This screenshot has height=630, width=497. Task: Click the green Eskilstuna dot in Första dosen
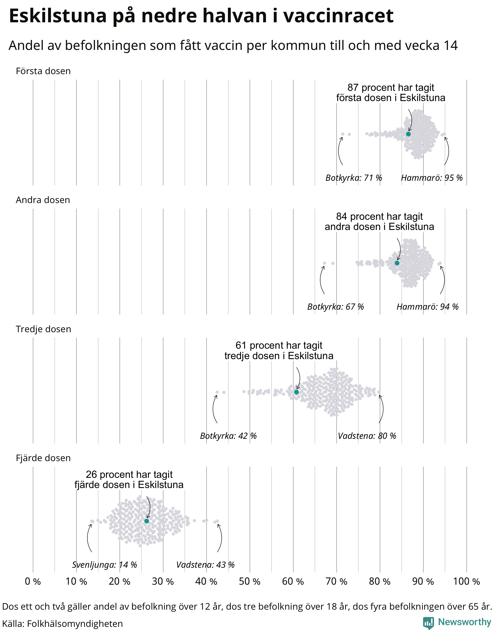pos(408,134)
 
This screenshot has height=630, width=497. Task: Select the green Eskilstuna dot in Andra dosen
pos(397,263)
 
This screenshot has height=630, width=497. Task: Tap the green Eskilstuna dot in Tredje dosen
pos(296,392)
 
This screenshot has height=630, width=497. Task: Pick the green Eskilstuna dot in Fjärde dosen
pos(147,521)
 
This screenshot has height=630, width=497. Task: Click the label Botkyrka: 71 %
pos(354,178)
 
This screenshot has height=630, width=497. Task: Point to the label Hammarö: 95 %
pos(432,178)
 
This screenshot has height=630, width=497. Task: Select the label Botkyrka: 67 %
pos(336,307)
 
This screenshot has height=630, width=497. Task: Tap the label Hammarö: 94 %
pos(427,307)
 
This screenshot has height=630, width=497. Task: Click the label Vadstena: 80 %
pos(367,436)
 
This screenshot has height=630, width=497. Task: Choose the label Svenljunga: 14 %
pos(104,565)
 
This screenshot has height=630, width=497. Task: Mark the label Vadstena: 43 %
pos(206,565)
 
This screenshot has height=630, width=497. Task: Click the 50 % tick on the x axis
pos(249,581)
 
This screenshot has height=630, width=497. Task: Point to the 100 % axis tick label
pos(466,581)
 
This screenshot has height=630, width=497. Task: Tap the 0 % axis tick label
pos(33,581)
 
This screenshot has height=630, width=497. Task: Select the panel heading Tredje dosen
pos(43,329)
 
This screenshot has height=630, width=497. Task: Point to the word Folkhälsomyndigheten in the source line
pos(75,624)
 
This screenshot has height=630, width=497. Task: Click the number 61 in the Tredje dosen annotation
pos(241,345)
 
